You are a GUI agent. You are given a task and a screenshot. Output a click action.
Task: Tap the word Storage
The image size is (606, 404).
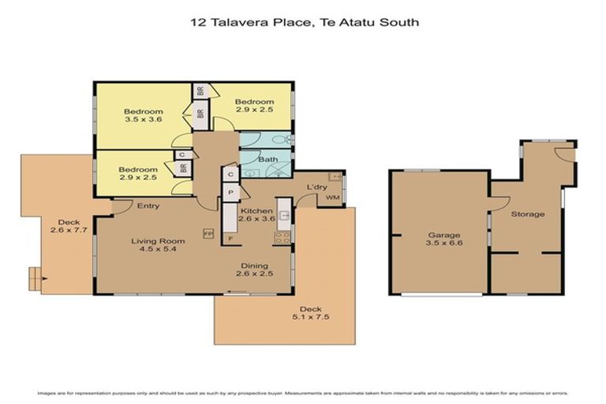coord(527,214)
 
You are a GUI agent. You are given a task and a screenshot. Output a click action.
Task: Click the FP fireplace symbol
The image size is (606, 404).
coord(208,234)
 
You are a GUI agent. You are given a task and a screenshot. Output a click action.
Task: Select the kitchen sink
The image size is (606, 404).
coord(286,214)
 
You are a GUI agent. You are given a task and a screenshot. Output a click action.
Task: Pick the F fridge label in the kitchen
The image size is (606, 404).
coord(230,238)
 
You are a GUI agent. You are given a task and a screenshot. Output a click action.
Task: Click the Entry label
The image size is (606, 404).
coord(148,206)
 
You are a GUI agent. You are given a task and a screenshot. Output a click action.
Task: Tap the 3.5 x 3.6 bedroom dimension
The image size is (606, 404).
coord(143,120)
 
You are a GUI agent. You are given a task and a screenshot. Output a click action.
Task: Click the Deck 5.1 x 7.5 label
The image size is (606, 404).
coord(309,313)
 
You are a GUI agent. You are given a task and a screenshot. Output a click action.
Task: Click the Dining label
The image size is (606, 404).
coord(254,266)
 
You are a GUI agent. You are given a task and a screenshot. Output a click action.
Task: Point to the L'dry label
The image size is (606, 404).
coord(317,187)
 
